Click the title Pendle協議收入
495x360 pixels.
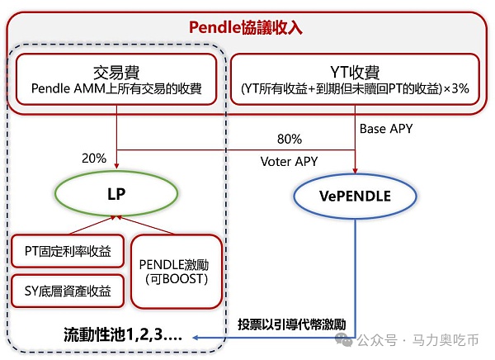tap(246, 26)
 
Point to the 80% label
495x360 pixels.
tap(289, 138)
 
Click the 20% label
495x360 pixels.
tap(94, 158)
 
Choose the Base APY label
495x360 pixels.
tap(385, 129)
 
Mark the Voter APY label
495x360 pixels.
tap(288, 160)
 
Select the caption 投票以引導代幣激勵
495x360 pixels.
tap(291, 323)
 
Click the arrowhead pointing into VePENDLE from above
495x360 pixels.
tap(355, 168)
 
